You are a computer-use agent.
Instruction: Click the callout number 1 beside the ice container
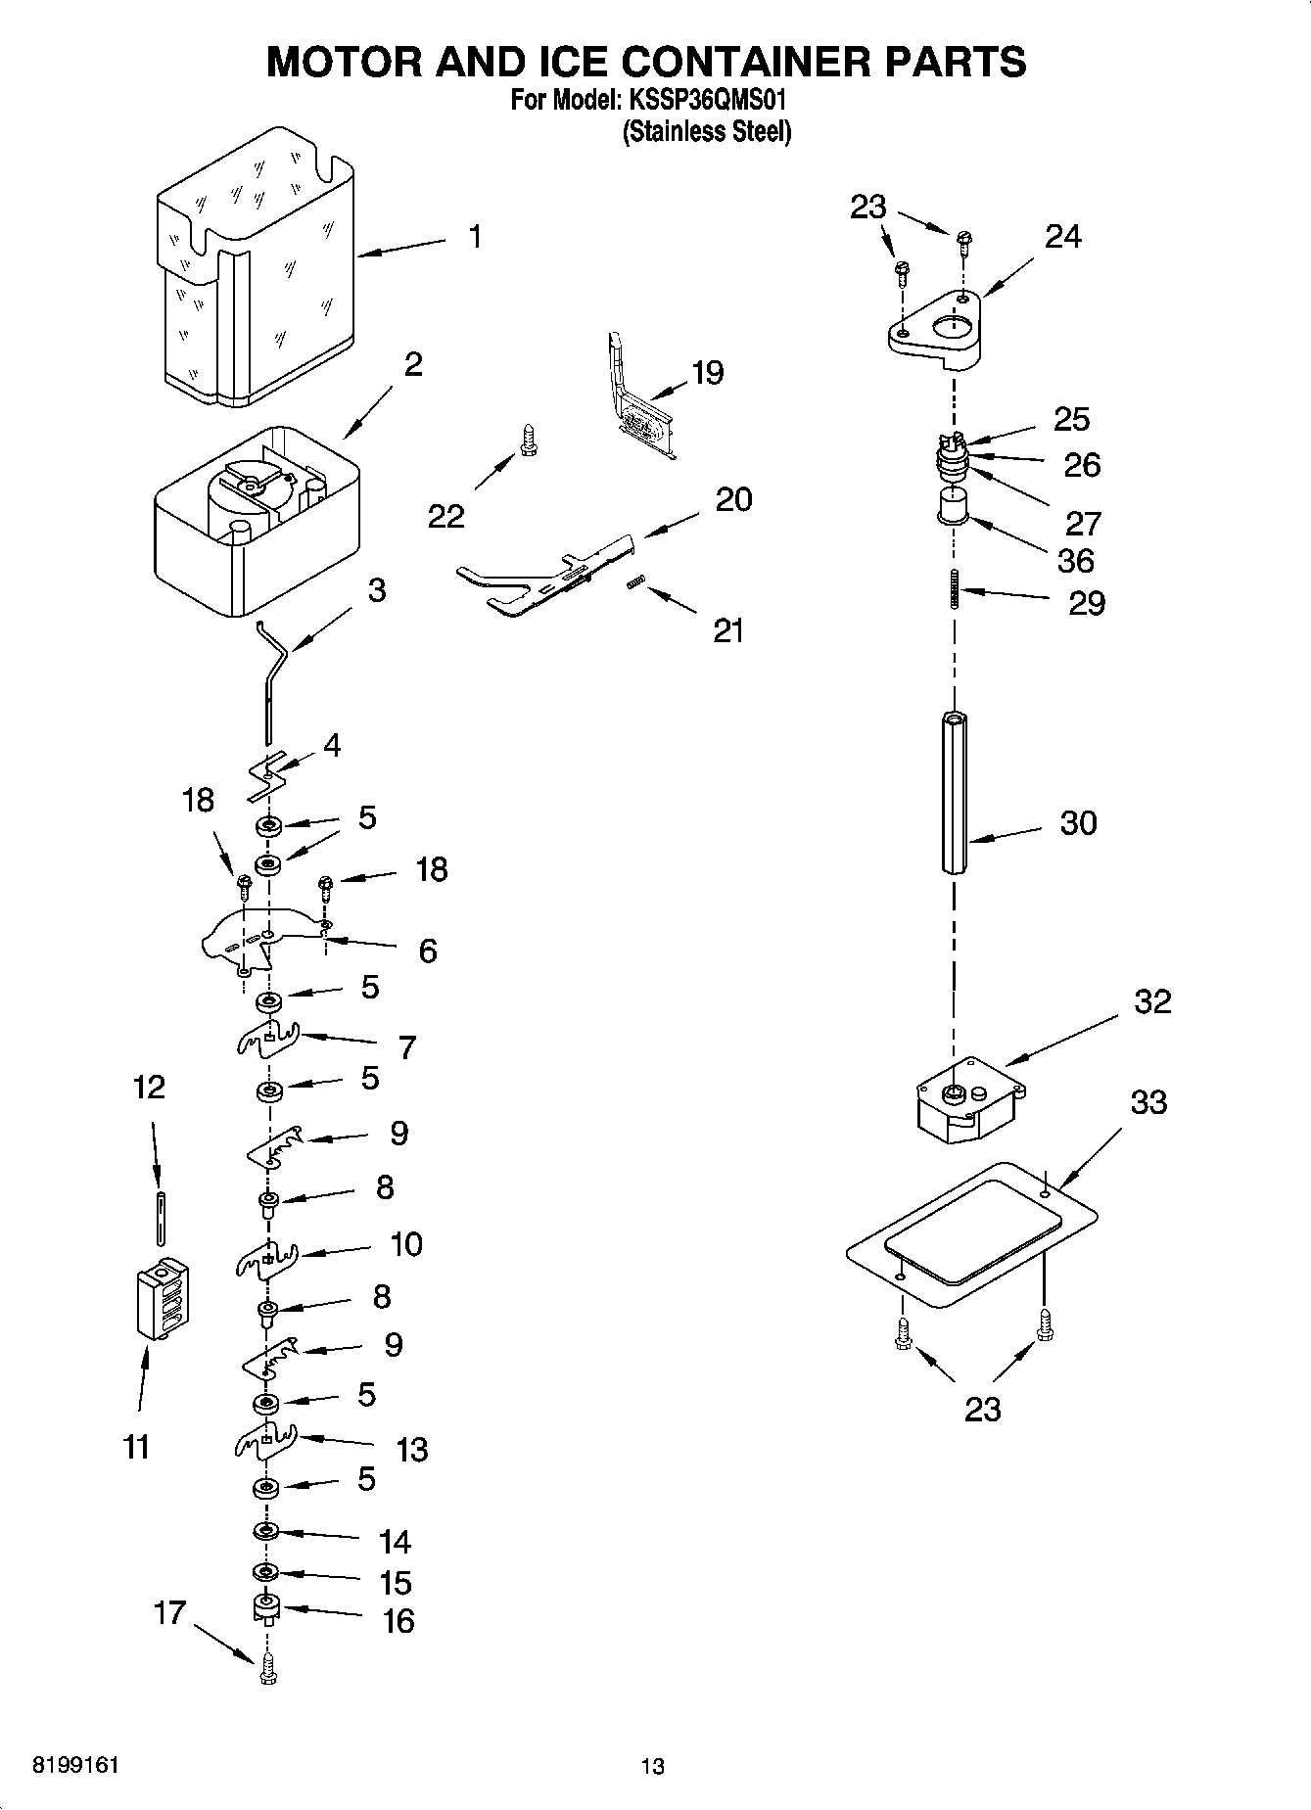coord(475,237)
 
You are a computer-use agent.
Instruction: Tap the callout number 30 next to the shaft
coord(1078,823)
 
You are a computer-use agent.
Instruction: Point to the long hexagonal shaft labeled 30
coord(956,793)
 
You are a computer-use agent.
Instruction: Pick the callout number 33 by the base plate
coord(1148,1102)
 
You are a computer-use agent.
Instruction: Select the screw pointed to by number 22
coord(530,440)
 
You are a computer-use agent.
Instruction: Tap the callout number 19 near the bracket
coord(707,373)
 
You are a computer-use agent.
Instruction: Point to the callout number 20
coord(733,499)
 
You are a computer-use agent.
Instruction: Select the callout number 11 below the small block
coord(137,1446)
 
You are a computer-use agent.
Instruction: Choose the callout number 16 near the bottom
coord(398,1621)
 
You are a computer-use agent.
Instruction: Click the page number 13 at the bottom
coord(652,1766)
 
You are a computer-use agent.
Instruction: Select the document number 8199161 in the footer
coord(76,1765)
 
